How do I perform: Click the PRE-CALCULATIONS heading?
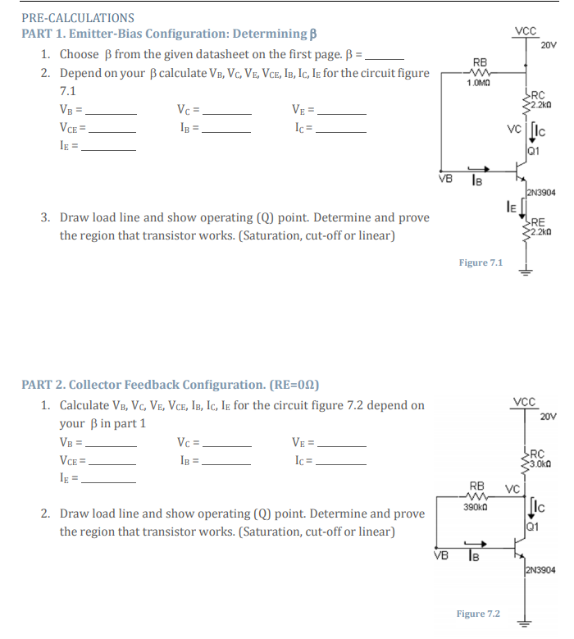tap(78, 17)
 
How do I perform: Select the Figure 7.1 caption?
tap(481, 262)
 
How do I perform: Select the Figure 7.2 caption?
tap(478, 614)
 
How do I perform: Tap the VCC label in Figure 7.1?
tap(526, 32)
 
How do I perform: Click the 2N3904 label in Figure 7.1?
tap(540, 193)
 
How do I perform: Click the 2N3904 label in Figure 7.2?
tap(540, 568)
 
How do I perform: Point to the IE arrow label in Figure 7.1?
tap(508, 209)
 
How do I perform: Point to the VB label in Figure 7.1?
tap(445, 176)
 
